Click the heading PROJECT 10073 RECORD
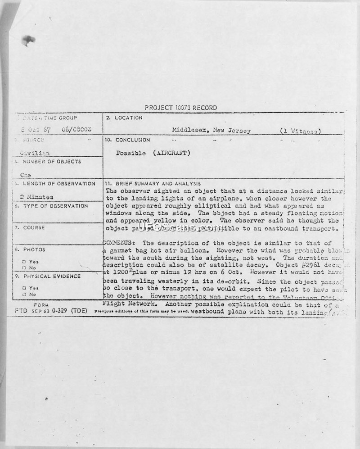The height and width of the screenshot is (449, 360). tap(180, 108)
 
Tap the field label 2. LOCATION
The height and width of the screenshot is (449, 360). tap(124, 118)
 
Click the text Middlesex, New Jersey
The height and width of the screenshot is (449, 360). tap(211, 131)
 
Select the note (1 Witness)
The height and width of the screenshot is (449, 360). tap(300, 131)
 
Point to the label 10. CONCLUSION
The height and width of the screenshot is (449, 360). tap(127, 140)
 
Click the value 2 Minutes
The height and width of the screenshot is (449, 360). tap(37, 197)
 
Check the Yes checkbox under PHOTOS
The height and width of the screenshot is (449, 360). tap(24, 262)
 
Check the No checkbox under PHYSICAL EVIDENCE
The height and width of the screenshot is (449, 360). tap(24, 294)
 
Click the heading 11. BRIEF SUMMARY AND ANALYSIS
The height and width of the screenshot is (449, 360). tap(153, 184)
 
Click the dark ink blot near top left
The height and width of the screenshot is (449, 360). tap(28, 41)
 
